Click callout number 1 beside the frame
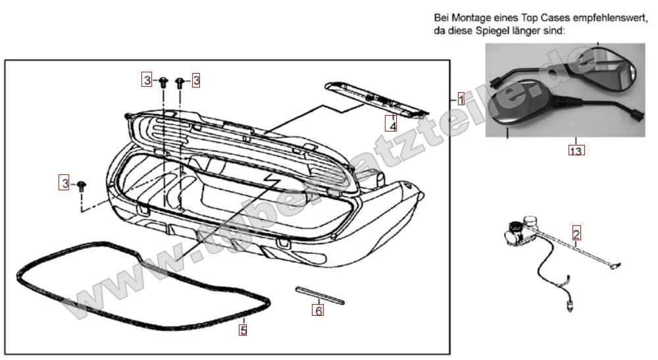coord(461,100)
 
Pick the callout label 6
coord(318,310)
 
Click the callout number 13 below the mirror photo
coord(576,150)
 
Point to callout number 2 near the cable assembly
coord(576,234)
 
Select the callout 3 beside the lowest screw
coord(64,183)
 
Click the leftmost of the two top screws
coord(163,82)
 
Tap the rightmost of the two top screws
coord(179,82)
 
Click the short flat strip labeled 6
coord(319,294)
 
